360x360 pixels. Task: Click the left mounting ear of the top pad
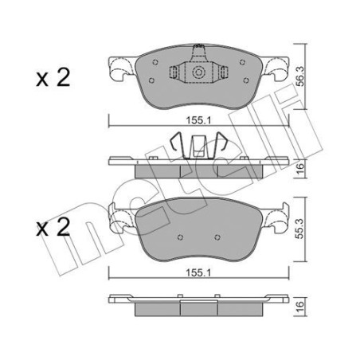click(119, 71)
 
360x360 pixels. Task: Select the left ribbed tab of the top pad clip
click(175, 72)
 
